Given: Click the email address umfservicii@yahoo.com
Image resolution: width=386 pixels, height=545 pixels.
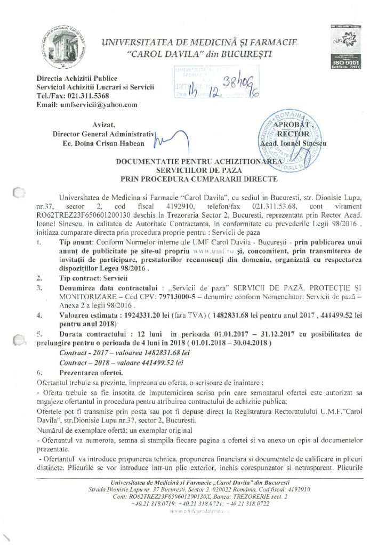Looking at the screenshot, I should click(x=102, y=105).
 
